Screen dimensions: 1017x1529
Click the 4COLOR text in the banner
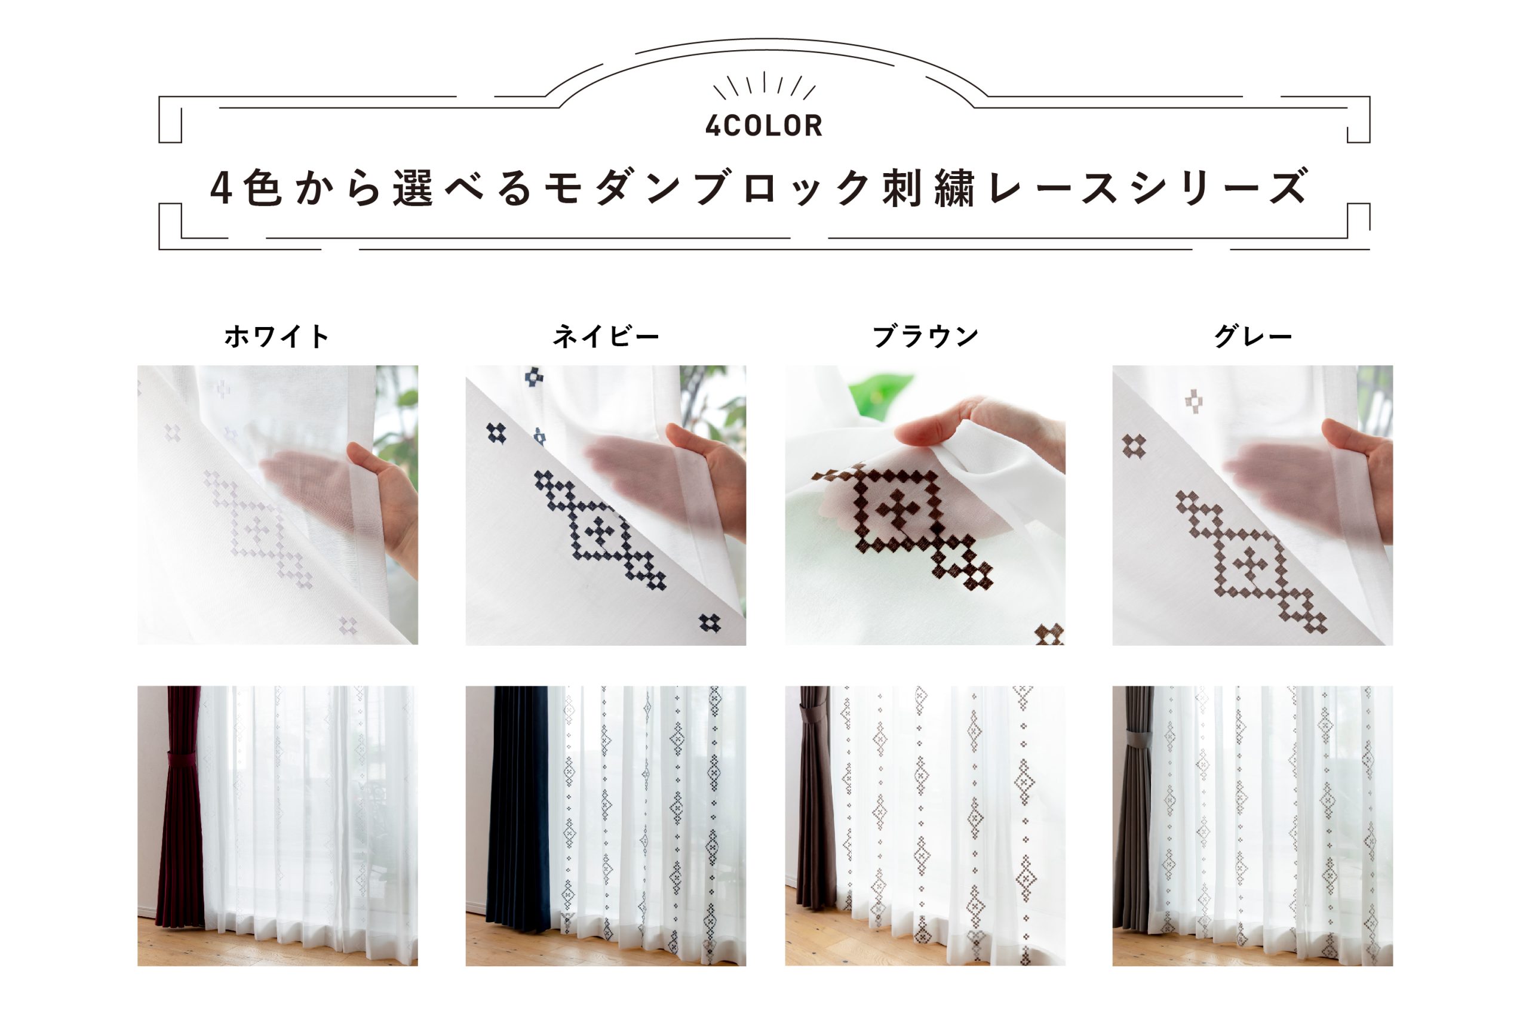(764, 126)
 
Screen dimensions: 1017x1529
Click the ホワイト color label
(277, 337)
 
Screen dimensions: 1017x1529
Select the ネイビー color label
(606, 337)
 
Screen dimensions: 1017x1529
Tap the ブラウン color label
(925, 337)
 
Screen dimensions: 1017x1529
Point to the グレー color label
(1252, 337)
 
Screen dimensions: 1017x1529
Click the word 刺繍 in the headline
(928, 189)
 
